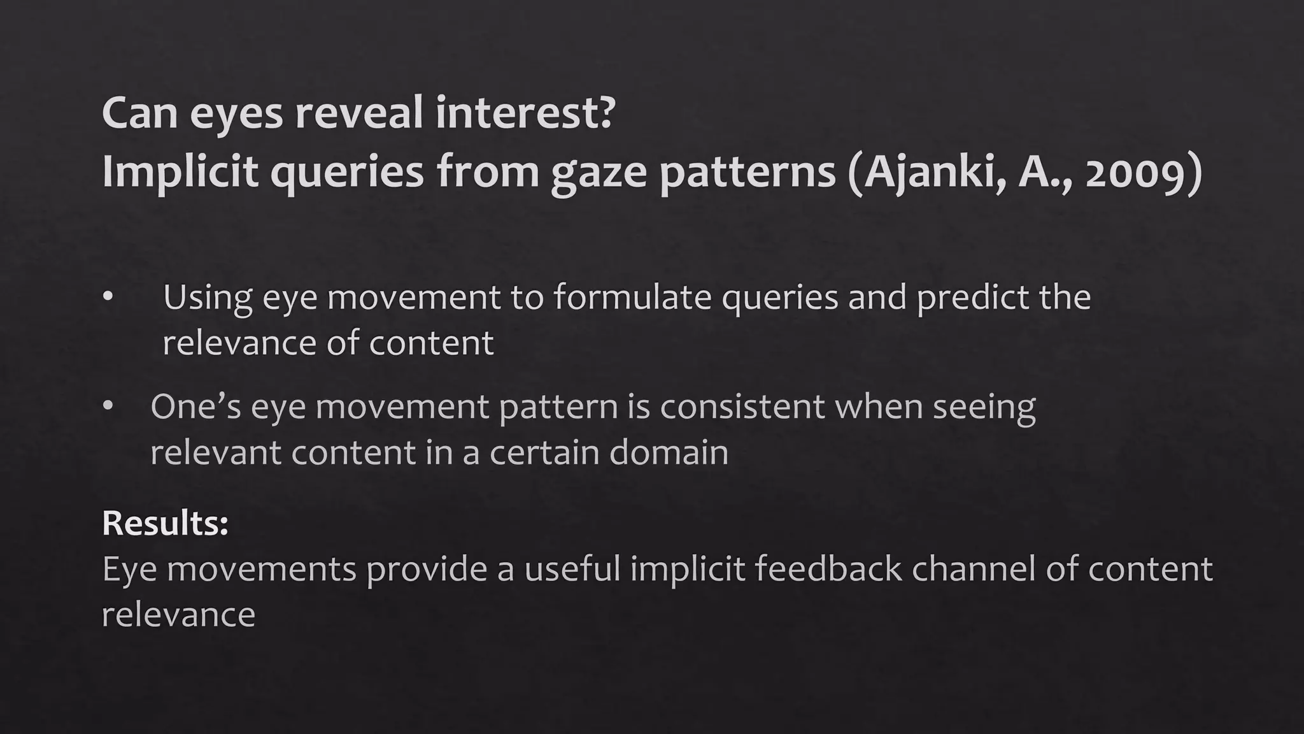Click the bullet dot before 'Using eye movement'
108,297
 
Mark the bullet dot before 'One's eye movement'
108,407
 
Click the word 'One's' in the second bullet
195,407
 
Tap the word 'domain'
669,453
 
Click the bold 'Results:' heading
165,523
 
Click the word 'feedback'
828,569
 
